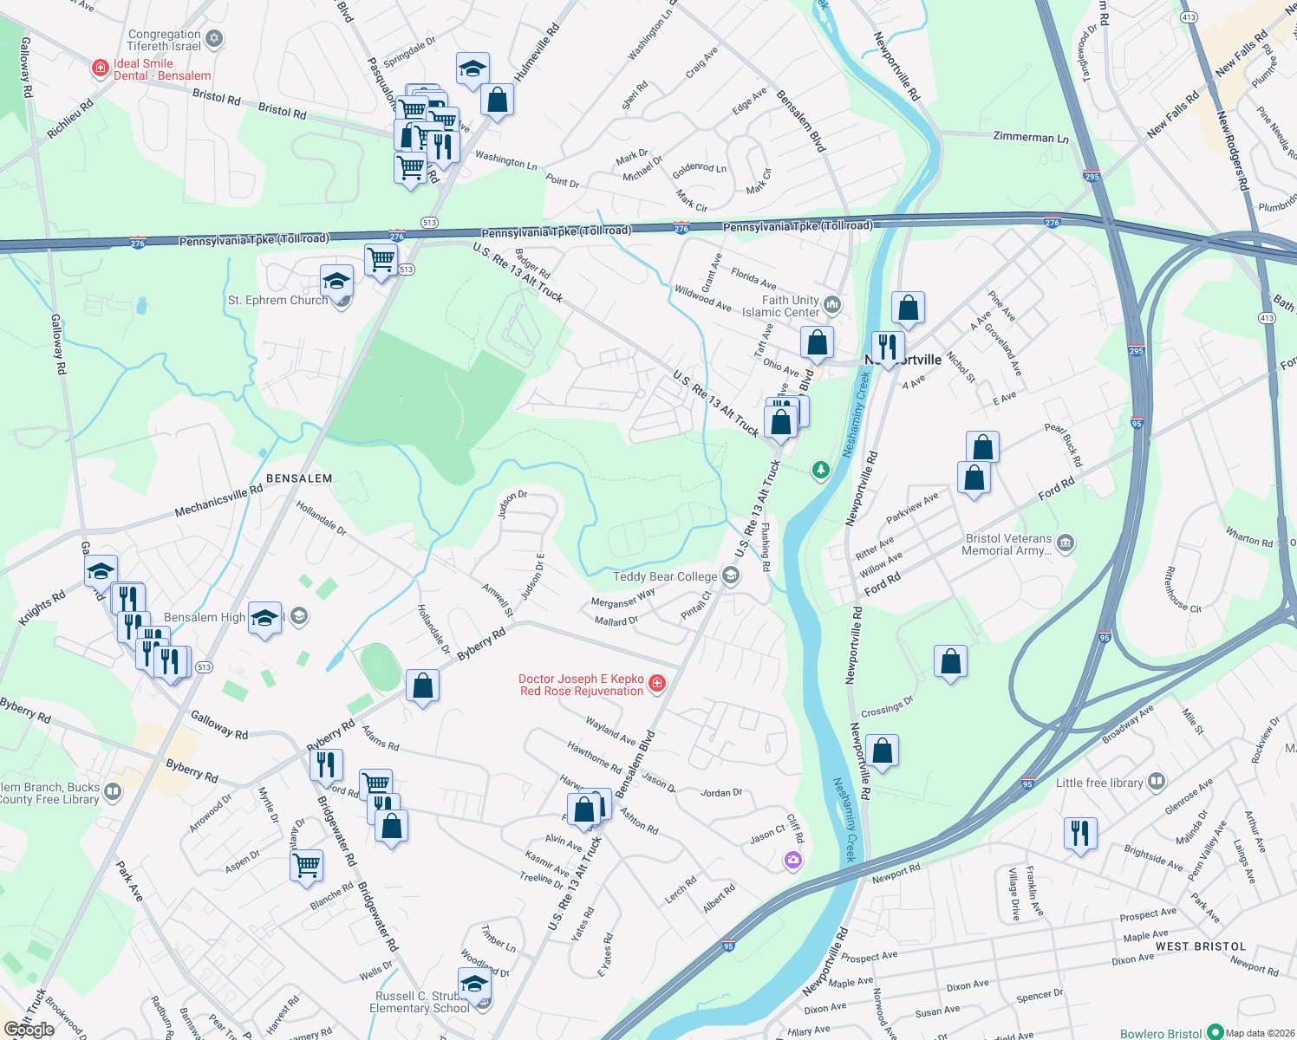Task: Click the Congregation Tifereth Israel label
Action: pyautogui.click(x=164, y=40)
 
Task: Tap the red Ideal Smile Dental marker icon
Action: pyautogui.click(x=101, y=68)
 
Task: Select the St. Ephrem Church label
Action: pyautogui.click(x=277, y=301)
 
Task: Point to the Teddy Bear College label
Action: pyautogui.click(x=665, y=576)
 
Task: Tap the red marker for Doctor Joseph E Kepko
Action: pyautogui.click(x=657, y=684)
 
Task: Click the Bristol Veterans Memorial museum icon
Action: pyautogui.click(x=1066, y=543)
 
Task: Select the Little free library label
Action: pyautogui.click(x=1099, y=783)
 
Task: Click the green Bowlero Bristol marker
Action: pyautogui.click(x=1215, y=1033)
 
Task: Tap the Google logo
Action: pyautogui.click(x=29, y=1030)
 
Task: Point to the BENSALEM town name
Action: pyautogui.click(x=299, y=478)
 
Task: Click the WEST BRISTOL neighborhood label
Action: pyautogui.click(x=1200, y=946)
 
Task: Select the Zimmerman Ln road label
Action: pyautogui.click(x=1030, y=137)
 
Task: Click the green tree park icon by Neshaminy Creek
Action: pyautogui.click(x=820, y=470)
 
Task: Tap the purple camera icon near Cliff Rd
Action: pyautogui.click(x=792, y=860)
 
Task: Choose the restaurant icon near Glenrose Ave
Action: pyautogui.click(x=1080, y=834)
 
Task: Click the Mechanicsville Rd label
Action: pyautogui.click(x=218, y=500)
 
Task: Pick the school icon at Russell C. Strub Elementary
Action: pyautogui.click(x=474, y=985)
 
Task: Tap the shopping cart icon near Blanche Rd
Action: pyautogui.click(x=307, y=864)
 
